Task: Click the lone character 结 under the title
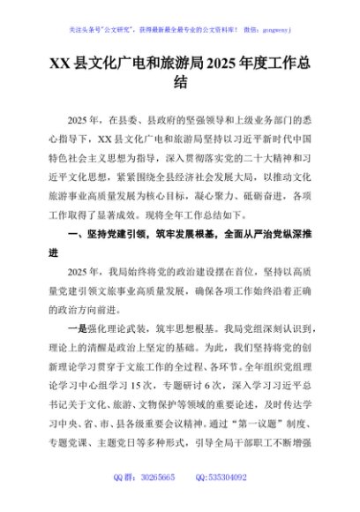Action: click(x=180, y=85)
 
